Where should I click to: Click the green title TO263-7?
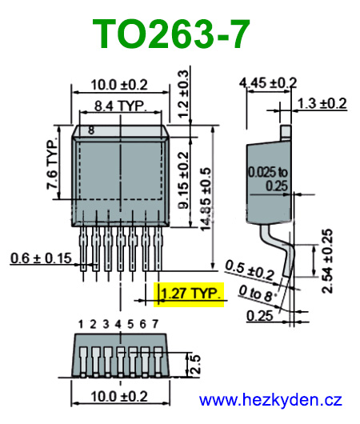[171, 35]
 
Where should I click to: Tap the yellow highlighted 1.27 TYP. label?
[191, 295]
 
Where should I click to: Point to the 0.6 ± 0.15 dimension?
[41, 258]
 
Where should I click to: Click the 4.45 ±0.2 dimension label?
[268, 82]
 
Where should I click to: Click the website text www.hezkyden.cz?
[270, 399]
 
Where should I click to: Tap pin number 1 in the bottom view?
[81, 324]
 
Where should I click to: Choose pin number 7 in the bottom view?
[154, 324]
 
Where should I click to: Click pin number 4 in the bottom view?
[118, 324]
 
